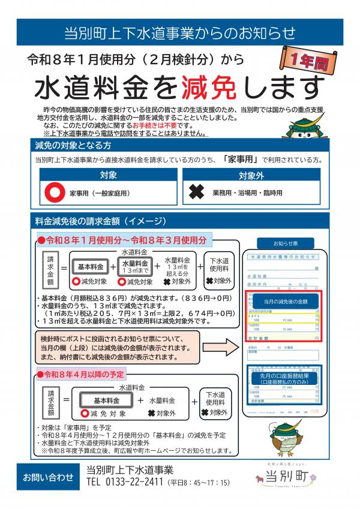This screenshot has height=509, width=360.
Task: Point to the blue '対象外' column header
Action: (x=251, y=176)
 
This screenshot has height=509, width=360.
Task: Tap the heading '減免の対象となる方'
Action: (x=74, y=145)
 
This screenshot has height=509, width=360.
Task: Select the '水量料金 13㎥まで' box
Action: (x=135, y=266)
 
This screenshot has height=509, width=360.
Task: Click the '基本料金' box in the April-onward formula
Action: (x=106, y=400)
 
